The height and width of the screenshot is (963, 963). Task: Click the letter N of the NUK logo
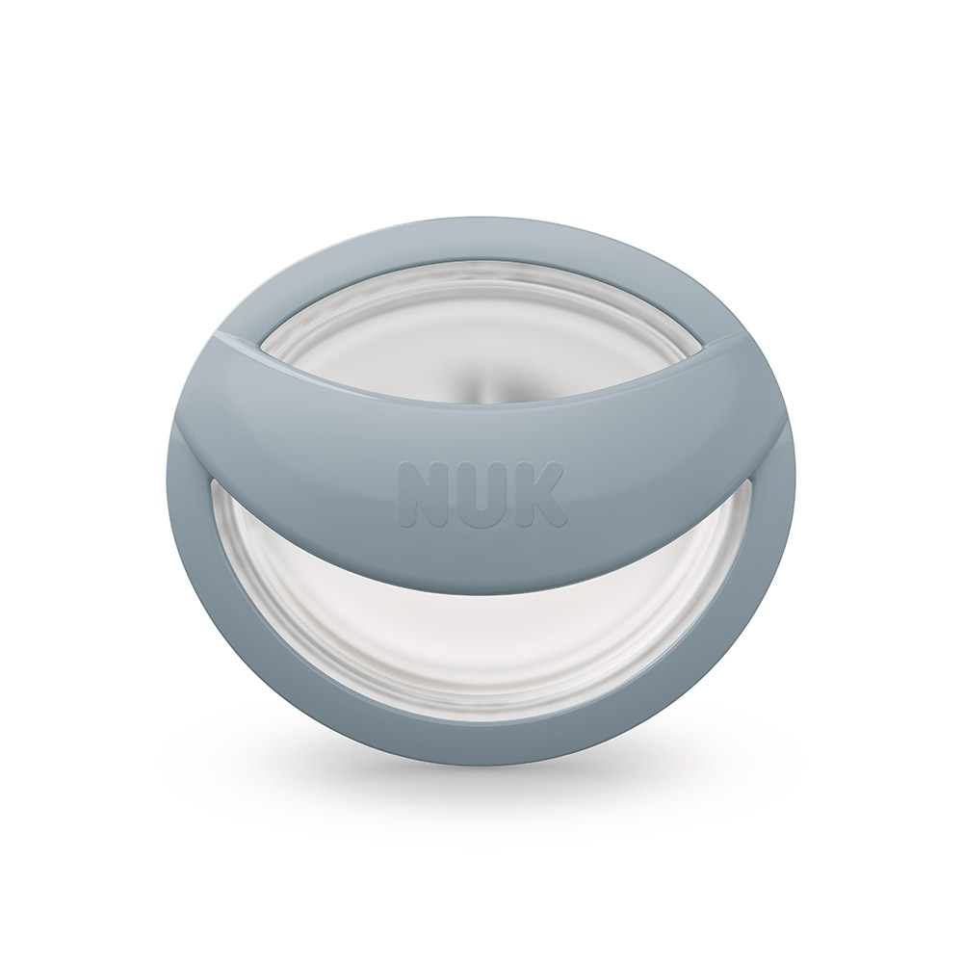coord(425,491)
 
